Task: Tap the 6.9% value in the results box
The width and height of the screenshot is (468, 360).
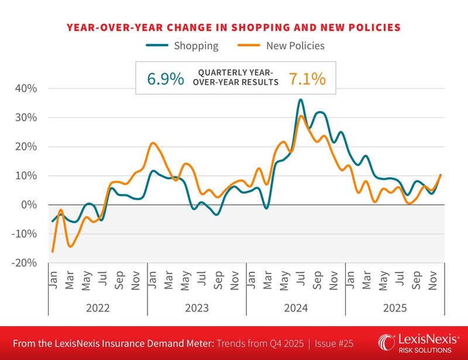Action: pyautogui.click(x=166, y=78)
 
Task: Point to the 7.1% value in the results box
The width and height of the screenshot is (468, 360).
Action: pyautogui.click(x=307, y=78)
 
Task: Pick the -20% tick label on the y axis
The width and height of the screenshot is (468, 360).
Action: pyautogui.click(x=23, y=263)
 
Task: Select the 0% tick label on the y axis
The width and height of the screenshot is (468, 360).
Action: pyautogui.click(x=29, y=205)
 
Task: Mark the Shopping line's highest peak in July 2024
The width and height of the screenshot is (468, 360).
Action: pyautogui.click(x=301, y=100)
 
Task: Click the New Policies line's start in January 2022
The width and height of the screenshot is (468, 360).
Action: pyautogui.click(x=53, y=252)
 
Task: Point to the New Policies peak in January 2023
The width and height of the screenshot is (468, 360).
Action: pyautogui.click(x=153, y=143)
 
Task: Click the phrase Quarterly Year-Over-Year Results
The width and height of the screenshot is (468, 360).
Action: pyautogui.click(x=238, y=77)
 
